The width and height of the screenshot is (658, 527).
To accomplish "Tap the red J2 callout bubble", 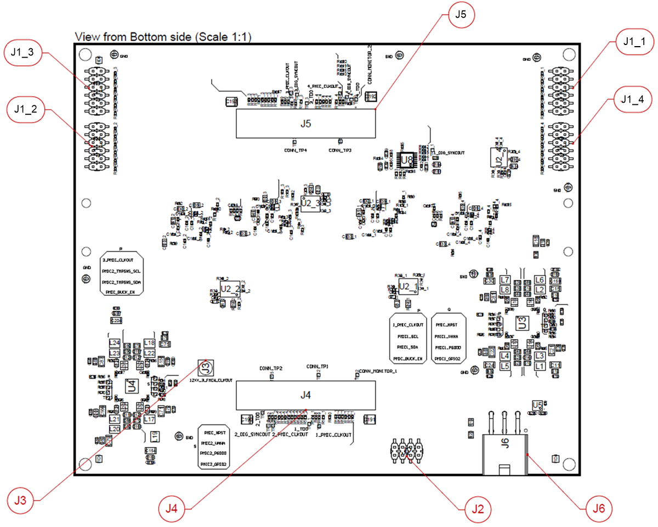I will click(x=477, y=510).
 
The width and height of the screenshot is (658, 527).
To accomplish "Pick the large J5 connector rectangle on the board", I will click(x=305, y=124).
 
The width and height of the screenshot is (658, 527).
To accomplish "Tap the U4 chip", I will click(x=132, y=386).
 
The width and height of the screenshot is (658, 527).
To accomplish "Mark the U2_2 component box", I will click(x=230, y=289).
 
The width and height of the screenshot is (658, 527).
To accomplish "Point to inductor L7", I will click(x=505, y=279).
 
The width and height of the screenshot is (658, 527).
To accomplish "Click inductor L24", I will click(x=115, y=343).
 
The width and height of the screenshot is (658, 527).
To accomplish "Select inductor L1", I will click(x=540, y=366).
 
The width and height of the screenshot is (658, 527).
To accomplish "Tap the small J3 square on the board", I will click(x=205, y=367).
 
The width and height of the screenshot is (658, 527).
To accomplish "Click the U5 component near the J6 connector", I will click(x=538, y=406).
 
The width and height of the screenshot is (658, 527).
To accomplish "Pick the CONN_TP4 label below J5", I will click(x=295, y=149).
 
